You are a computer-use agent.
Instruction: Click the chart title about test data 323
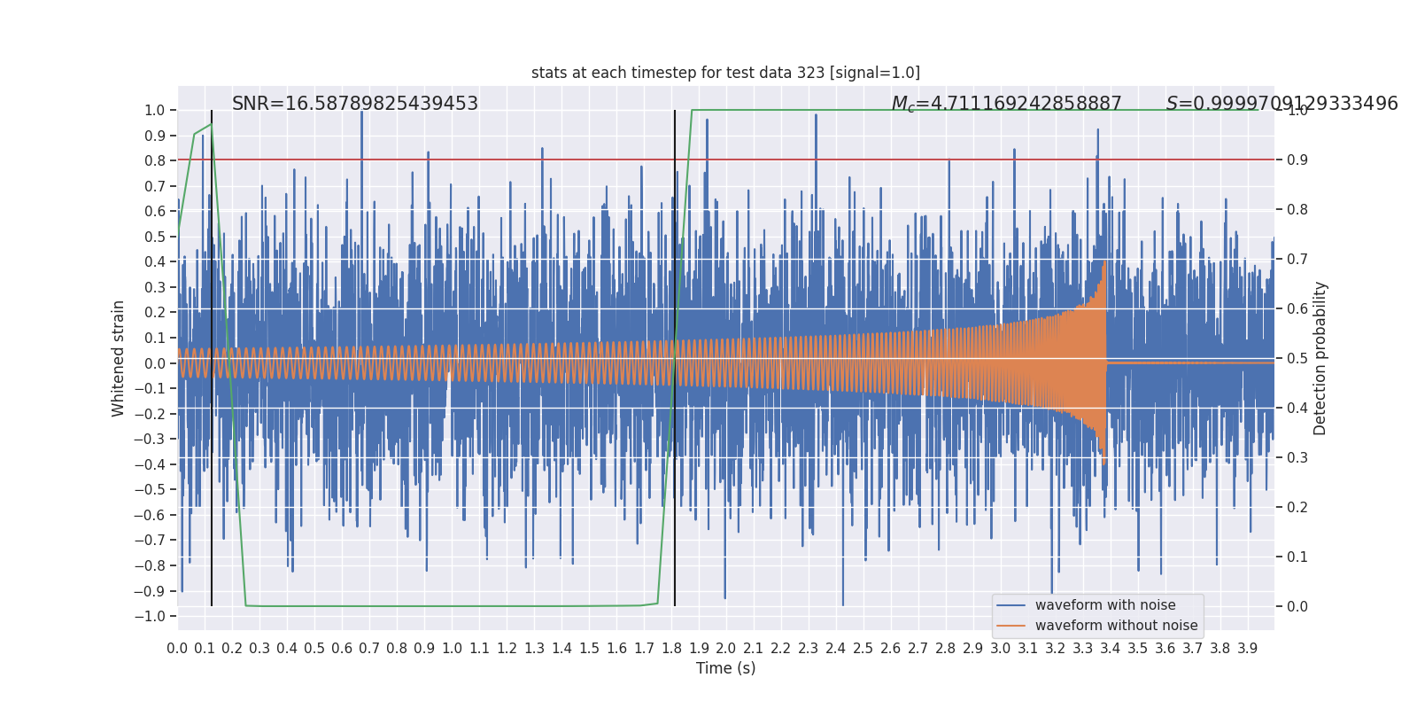tap(725, 73)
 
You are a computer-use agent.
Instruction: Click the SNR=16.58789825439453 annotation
tap(354, 104)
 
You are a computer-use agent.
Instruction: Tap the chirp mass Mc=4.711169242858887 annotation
tap(1006, 104)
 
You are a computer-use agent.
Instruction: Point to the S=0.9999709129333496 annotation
tap(1281, 104)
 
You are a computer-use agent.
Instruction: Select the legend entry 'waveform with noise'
tap(1104, 605)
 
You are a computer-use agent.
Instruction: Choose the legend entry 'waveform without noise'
tap(1115, 626)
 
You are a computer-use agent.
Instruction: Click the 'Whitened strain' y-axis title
tap(119, 358)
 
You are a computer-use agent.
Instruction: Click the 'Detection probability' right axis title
tap(1320, 358)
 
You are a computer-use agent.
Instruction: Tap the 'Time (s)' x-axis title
tap(725, 668)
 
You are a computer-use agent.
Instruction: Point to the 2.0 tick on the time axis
tap(725, 649)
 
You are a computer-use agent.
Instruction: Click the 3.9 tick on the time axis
tap(1247, 649)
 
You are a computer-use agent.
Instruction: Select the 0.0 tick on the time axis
tap(177, 649)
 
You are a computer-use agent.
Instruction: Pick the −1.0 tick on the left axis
tap(154, 617)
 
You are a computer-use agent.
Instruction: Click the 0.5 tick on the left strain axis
tap(156, 237)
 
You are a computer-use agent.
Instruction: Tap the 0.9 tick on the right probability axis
tap(1297, 160)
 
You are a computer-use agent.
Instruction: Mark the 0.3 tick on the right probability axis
tap(1297, 458)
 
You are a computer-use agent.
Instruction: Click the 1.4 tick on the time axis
tap(561, 649)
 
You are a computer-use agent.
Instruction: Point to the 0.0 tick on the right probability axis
tap(1297, 607)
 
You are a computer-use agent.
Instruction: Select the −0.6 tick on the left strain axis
tap(154, 516)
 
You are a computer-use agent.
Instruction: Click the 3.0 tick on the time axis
tap(1000, 649)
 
